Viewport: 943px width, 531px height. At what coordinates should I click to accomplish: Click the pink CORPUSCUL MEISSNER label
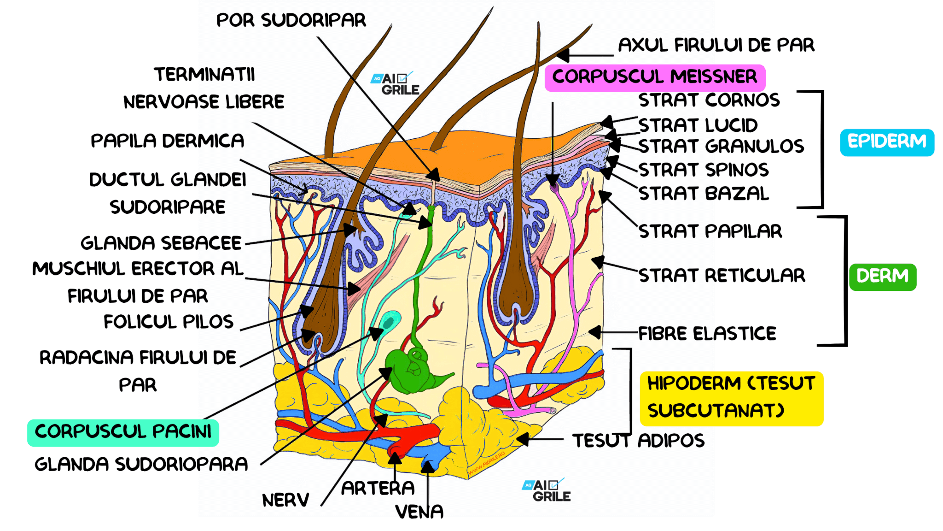(654, 77)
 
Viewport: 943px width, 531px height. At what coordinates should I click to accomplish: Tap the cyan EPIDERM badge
(886, 142)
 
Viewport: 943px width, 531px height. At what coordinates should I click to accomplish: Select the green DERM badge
(882, 277)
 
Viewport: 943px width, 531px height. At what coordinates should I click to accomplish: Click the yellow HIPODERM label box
(731, 397)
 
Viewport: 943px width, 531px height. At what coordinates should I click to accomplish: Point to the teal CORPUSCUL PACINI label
(123, 432)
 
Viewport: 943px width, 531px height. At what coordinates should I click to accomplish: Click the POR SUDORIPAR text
(291, 21)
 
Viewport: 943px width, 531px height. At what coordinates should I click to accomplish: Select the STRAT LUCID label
(698, 125)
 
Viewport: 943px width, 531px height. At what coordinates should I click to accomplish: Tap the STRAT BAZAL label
(704, 194)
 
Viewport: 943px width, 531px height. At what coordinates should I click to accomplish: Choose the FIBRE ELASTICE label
(707, 333)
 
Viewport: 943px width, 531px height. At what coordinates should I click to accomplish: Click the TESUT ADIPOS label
(638, 441)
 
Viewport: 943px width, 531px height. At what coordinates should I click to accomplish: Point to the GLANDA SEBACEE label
(161, 243)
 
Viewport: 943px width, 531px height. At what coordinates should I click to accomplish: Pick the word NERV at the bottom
(285, 500)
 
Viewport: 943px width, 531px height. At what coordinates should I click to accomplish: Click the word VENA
(419, 512)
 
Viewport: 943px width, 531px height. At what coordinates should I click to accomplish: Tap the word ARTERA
(378, 488)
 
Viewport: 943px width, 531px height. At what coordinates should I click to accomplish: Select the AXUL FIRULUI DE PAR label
(716, 45)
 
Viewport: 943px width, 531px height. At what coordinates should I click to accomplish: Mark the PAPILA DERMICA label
(167, 141)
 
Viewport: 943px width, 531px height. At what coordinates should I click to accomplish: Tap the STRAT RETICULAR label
(722, 276)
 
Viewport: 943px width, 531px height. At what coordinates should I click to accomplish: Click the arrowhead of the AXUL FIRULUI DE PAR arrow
(563, 55)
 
